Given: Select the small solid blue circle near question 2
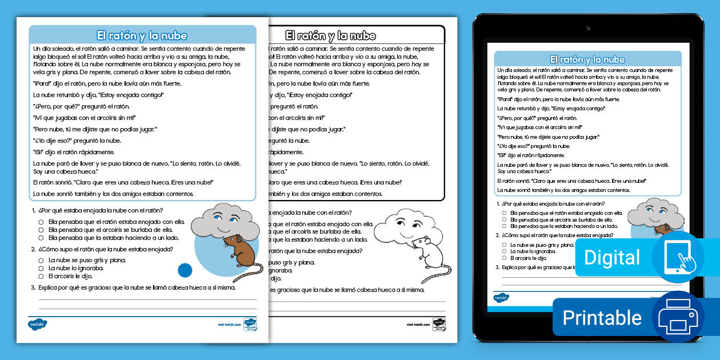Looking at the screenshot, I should point(185,270).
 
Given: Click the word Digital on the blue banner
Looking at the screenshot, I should point(611,257).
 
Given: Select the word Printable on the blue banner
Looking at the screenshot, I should point(602,317).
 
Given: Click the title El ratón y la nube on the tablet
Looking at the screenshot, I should point(587,59).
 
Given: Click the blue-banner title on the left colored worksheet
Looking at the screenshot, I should point(142,35).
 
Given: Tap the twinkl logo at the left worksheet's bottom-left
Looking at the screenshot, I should point(38,325).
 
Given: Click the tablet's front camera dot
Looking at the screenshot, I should point(587,27).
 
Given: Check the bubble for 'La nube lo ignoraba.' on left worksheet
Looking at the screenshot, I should point(41,268).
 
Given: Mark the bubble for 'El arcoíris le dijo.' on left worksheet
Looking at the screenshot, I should point(41,276).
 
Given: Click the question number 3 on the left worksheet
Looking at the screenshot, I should point(34,287).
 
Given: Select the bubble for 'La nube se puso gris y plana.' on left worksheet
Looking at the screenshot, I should point(41,260).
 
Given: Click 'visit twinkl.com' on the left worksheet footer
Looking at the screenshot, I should point(229,325).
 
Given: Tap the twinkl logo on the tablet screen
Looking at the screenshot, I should point(501,298).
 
